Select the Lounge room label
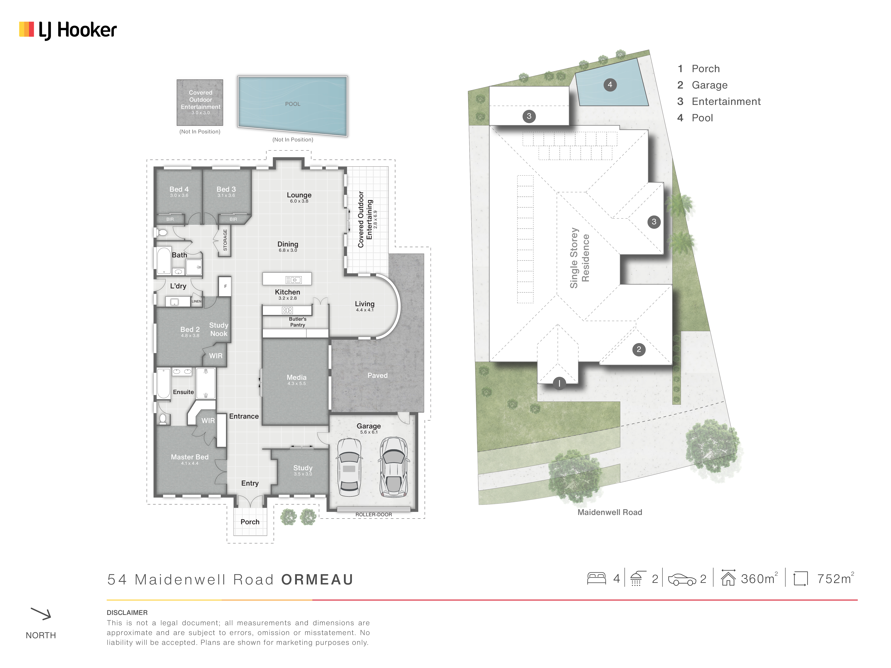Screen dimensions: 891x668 coord(299,195)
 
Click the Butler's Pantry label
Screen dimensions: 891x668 coord(298,322)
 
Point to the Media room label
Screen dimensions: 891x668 coord(297,377)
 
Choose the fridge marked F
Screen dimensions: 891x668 coord(225,286)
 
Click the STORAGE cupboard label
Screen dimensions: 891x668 coord(225,240)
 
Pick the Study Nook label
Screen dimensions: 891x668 coord(219,329)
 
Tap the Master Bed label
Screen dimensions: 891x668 coord(190,457)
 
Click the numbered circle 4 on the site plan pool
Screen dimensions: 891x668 coord(610,85)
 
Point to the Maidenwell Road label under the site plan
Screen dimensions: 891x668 coord(610,512)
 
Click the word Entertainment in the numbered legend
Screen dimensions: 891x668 coord(726,102)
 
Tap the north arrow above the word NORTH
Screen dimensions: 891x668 coord(41,614)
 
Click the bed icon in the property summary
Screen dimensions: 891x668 coord(597,579)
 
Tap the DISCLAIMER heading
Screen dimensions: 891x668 coord(127,612)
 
